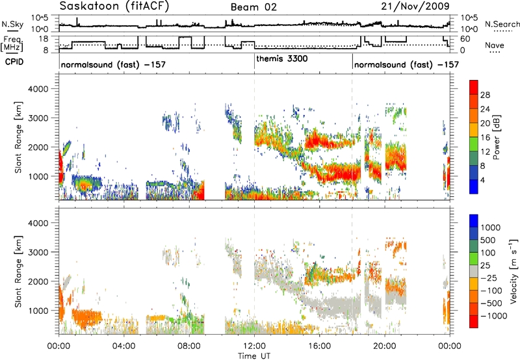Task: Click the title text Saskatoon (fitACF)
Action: (x=114, y=6)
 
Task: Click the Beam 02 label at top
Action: (x=253, y=7)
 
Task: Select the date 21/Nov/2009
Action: (x=415, y=6)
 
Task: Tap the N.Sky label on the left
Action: (x=12, y=24)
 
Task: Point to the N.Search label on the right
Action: (x=502, y=24)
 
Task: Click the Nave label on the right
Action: (x=495, y=45)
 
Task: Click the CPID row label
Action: (x=14, y=62)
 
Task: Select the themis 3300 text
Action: (x=282, y=58)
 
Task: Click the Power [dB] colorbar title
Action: (x=496, y=137)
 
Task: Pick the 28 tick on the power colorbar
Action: (x=485, y=95)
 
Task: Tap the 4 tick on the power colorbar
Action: (x=482, y=180)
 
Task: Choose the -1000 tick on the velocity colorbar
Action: (x=493, y=316)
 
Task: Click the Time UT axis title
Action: (x=254, y=356)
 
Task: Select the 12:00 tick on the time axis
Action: (x=254, y=346)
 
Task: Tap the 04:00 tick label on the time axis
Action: (x=124, y=346)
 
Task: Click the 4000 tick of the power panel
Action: (x=38, y=89)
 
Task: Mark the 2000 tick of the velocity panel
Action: (x=38, y=281)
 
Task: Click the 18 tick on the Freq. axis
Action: (x=44, y=39)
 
